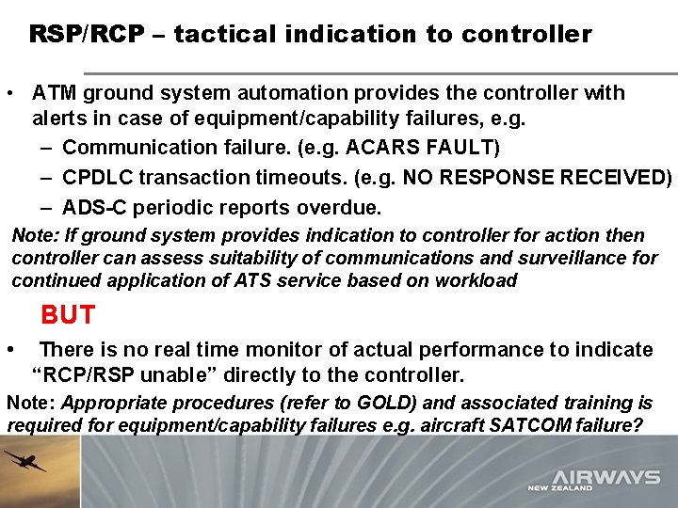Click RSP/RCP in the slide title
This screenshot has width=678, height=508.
(x=87, y=35)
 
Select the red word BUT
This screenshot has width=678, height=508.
(x=68, y=314)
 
